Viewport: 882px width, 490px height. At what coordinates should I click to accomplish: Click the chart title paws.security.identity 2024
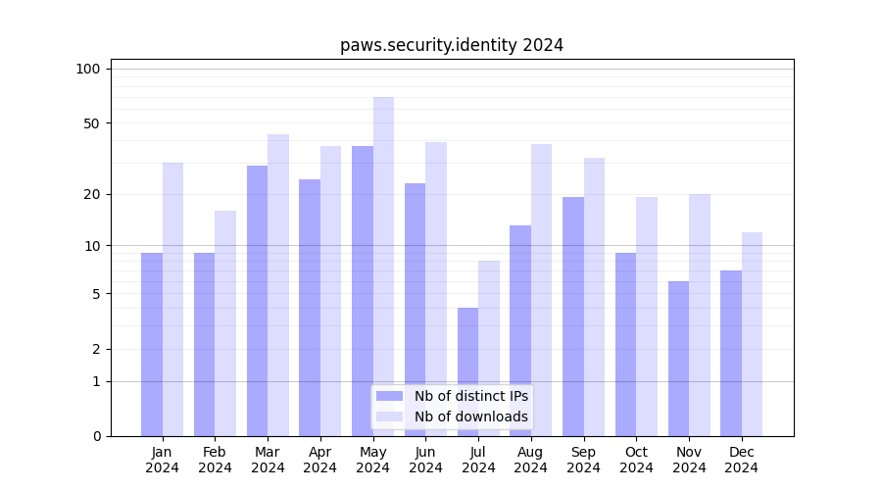[x=451, y=45]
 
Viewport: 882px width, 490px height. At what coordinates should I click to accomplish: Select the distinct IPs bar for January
[x=152, y=344]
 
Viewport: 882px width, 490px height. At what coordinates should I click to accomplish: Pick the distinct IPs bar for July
[x=467, y=371]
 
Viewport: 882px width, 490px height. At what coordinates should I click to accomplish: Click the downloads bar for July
[x=489, y=348]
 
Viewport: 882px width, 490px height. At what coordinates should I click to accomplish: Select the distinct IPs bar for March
[x=257, y=301]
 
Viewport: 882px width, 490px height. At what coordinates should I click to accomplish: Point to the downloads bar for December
[x=752, y=334]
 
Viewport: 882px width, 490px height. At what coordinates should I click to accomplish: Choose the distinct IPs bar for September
[x=573, y=317]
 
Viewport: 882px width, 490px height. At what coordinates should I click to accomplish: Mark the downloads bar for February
[x=225, y=323]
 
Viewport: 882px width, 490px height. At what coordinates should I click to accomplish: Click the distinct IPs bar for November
[x=678, y=359]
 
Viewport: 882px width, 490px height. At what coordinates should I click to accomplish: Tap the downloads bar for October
[x=647, y=317]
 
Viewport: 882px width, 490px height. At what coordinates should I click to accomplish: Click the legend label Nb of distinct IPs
[x=470, y=396]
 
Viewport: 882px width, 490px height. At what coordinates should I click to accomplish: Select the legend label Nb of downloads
[x=470, y=416]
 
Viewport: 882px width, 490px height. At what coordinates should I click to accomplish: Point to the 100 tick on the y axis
[x=88, y=69]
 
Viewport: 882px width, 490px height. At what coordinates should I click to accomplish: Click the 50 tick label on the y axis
[x=91, y=123]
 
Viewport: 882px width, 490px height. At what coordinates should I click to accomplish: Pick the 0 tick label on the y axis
[x=96, y=436]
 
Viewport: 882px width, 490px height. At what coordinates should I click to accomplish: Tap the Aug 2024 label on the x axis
[x=531, y=460]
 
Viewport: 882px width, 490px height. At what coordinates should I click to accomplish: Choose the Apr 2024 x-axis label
[x=320, y=460]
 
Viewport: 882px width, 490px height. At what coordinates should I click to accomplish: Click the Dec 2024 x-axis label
[x=742, y=460]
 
